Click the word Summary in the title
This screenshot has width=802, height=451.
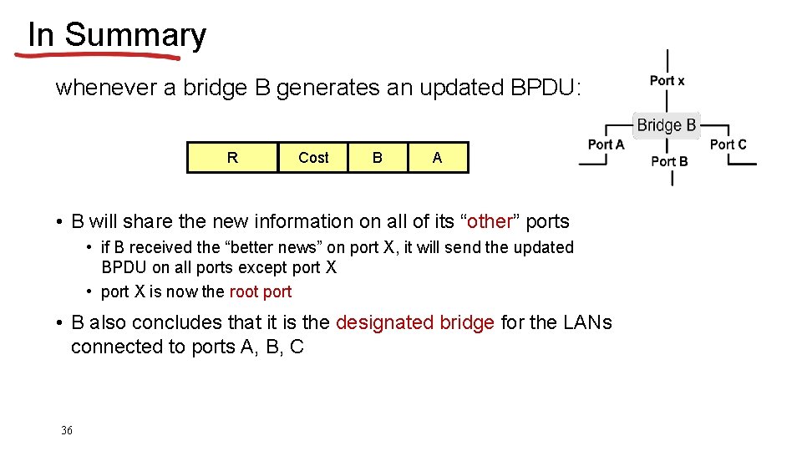pyautogui.click(x=135, y=35)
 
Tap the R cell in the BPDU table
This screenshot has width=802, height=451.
pyautogui.click(x=232, y=157)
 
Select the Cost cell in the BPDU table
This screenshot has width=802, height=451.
pyautogui.click(x=313, y=157)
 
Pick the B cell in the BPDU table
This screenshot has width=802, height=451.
pyautogui.click(x=378, y=157)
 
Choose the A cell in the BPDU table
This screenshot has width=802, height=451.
pyautogui.click(x=438, y=157)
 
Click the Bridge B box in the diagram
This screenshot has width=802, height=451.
pyautogui.click(x=666, y=125)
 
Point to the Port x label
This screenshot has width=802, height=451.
pyautogui.click(x=667, y=80)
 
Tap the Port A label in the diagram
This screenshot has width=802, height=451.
pyautogui.click(x=606, y=144)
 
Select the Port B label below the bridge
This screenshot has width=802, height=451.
pyautogui.click(x=669, y=161)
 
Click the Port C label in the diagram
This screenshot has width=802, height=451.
pyautogui.click(x=728, y=144)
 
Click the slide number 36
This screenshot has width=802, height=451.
pyautogui.click(x=67, y=430)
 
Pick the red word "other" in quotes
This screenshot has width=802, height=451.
pyautogui.click(x=490, y=221)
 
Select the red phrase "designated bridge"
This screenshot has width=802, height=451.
pyautogui.click(x=415, y=322)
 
